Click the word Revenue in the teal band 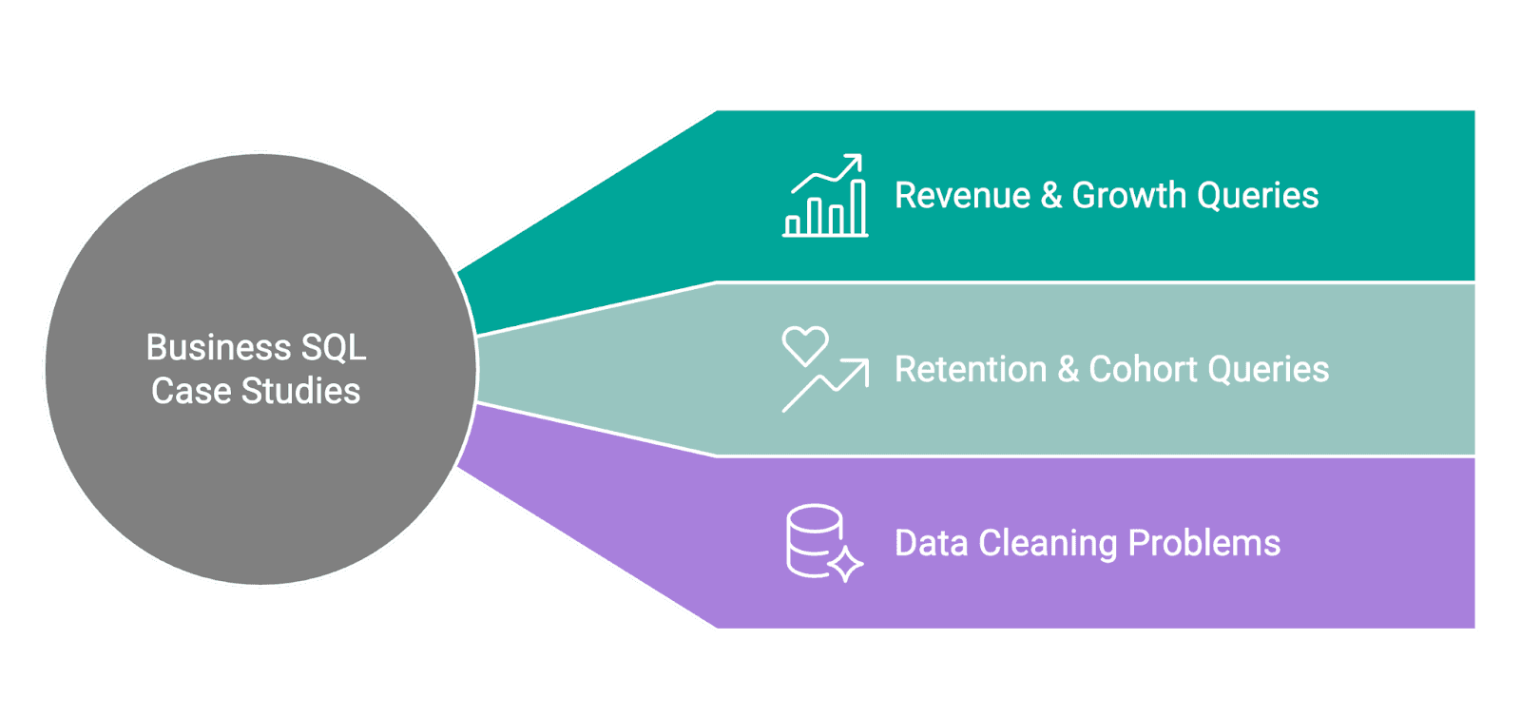[x=962, y=196]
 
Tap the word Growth [x=1129, y=196]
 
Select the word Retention [x=971, y=370]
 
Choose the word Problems [x=1204, y=544]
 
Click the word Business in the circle [x=219, y=348]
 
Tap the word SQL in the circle [x=334, y=348]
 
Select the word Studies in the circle [x=301, y=392]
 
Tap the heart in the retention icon [x=805, y=345]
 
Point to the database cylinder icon [x=814, y=539]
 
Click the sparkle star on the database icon [x=845, y=563]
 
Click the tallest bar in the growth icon [x=857, y=206]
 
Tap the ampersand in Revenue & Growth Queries [x=1051, y=196]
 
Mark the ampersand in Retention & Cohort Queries [x=1068, y=370]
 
